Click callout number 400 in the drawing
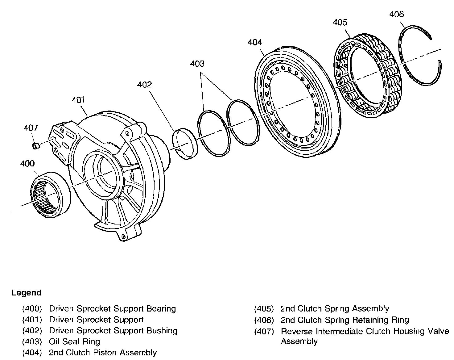pyautogui.click(x=27, y=164)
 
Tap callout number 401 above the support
pyautogui.click(x=78, y=100)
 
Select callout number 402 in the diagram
pyautogui.click(x=145, y=85)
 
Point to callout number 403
pyautogui.click(x=197, y=64)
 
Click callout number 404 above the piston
pyautogui.click(x=255, y=42)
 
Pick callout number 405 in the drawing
pyautogui.click(x=340, y=23)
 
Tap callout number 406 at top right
pyautogui.click(x=396, y=14)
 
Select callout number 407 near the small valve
pyautogui.click(x=31, y=128)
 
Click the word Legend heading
pyautogui.click(x=26, y=293)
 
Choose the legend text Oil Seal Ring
pyautogui.click(x=74, y=341)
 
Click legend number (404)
pyautogui.click(x=32, y=353)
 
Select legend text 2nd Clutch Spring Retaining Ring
pyautogui.click(x=345, y=320)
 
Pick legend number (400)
pyautogui.click(x=32, y=308)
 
